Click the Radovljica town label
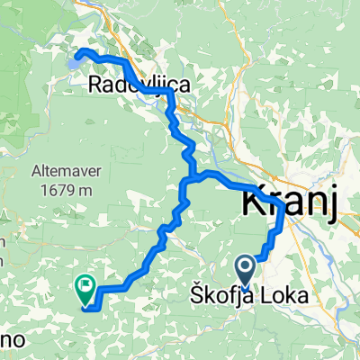pos(139,85)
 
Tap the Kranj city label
pos(288,203)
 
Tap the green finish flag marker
pos(86,290)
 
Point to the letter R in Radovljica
pos(97,85)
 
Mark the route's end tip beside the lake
pos(78,54)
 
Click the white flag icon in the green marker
pos(86,287)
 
